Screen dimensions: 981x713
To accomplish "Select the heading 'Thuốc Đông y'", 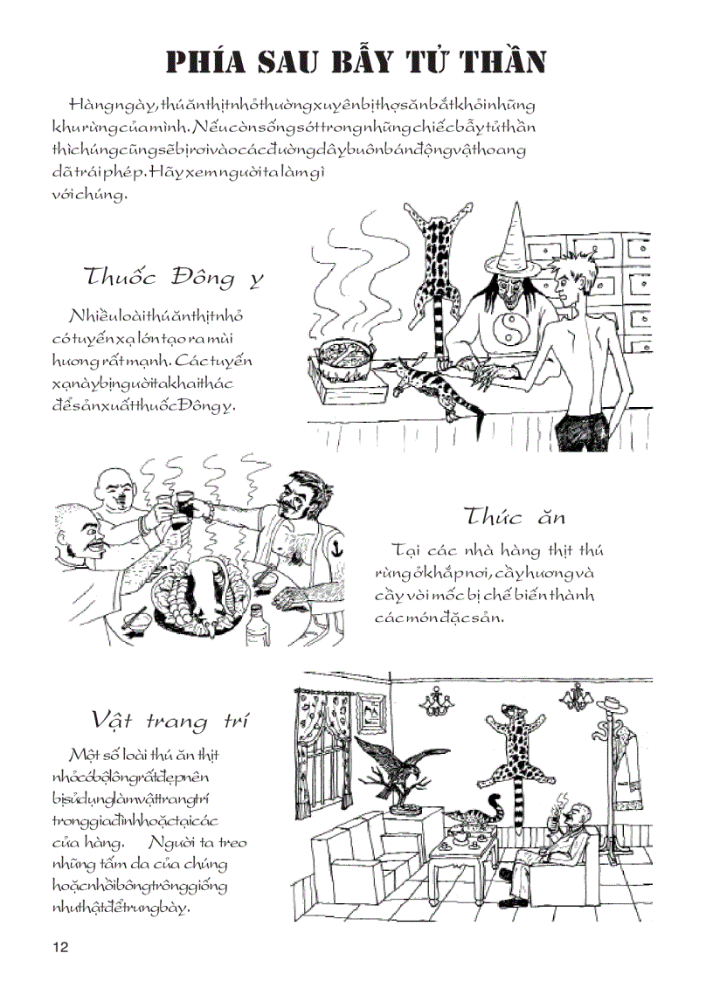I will (x=173, y=278).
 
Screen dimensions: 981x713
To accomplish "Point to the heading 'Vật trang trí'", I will (x=170, y=720).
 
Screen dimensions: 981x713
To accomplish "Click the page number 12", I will (x=59, y=948).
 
